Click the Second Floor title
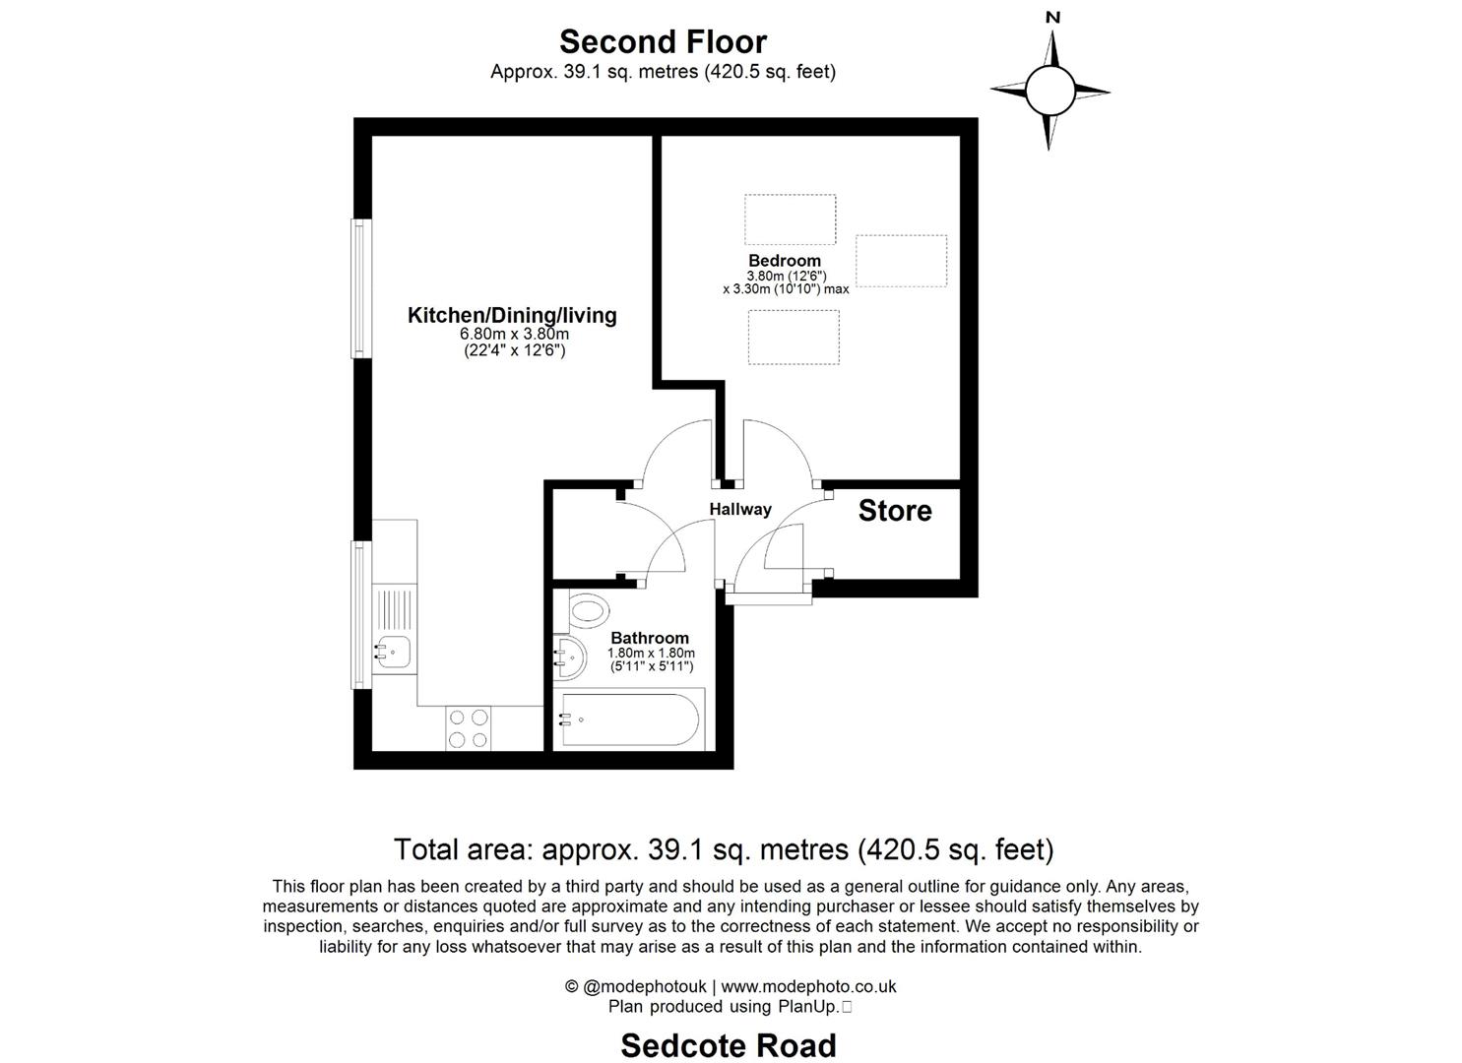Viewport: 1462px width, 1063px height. point(663,41)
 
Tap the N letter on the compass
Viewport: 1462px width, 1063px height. point(1052,17)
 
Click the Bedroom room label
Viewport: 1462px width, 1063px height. point(785,261)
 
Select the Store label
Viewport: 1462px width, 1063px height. point(894,510)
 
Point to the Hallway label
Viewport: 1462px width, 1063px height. point(740,509)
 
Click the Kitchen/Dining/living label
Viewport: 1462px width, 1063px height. point(512,315)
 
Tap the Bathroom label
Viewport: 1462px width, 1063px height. point(650,638)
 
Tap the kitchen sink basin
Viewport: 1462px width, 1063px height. point(394,652)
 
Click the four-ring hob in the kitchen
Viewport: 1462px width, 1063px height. point(469,729)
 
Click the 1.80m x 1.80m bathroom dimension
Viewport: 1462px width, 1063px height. point(651,653)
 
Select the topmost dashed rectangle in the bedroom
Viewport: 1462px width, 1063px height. point(790,219)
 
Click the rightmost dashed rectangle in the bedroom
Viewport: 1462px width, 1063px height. point(901,261)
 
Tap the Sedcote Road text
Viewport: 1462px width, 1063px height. point(729,1045)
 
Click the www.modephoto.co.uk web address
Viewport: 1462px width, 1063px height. point(808,986)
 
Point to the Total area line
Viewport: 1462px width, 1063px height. point(724,848)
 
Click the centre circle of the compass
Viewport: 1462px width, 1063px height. point(1049,92)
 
